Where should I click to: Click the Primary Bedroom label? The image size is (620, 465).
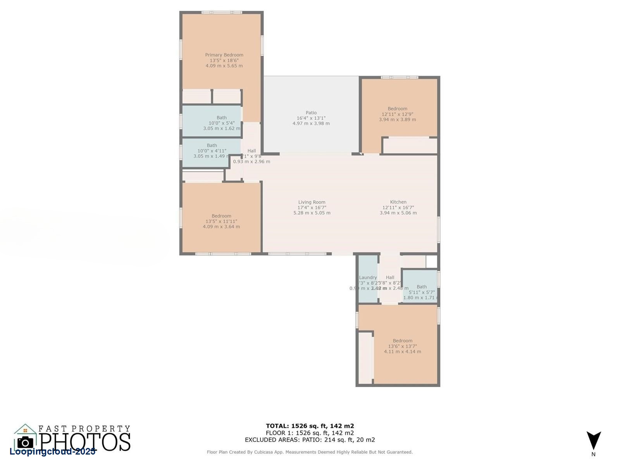click(224, 55)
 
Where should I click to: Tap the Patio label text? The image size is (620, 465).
click(311, 113)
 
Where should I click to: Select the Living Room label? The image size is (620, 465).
click(312, 202)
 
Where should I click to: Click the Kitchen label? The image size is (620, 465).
click(398, 202)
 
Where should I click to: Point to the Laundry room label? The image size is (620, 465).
click(368, 277)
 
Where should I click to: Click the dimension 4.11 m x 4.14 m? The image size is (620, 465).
click(402, 352)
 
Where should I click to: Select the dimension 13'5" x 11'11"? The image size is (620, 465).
click(221, 221)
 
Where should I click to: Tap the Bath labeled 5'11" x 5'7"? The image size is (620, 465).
click(422, 287)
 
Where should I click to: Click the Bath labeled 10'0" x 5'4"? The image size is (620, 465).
click(222, 118)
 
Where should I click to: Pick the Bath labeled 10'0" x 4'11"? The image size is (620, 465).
click(212, 146)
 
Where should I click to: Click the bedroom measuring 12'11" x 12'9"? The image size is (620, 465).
click(397, 109)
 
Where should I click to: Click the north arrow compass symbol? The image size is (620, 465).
click(593, 441)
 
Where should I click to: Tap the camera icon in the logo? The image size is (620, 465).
click(25, 442)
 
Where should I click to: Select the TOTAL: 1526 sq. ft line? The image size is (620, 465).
click(310, 426)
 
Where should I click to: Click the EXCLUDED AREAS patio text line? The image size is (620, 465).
click(310, 440)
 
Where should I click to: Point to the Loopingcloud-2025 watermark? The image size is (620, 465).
click(52, 452)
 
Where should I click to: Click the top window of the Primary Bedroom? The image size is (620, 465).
click(222, 12)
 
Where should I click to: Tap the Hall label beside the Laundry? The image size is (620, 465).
click(390, 277)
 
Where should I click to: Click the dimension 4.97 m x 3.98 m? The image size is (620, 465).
click(311, 124)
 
